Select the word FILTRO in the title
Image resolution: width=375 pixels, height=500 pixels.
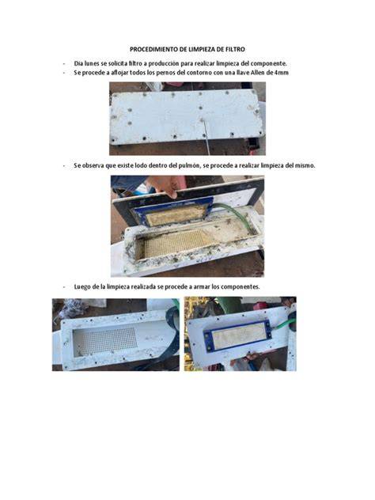(x=235, y=49)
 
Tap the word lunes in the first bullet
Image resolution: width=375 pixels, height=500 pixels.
(x=92, y=63)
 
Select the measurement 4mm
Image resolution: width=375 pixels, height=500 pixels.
(x=282, y=73)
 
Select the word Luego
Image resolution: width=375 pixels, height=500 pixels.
(x=82, y=286)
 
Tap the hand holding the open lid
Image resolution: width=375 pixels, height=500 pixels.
(x=167, y=185)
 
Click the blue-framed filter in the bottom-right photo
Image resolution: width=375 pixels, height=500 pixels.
(x=238, y=335)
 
